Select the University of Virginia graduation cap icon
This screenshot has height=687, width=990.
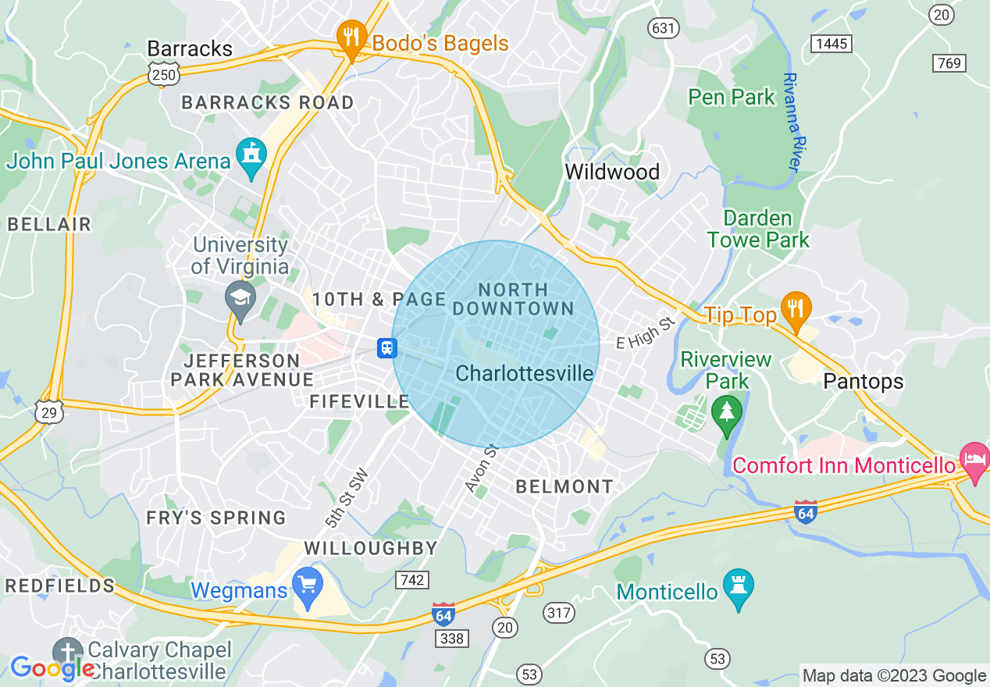coord(240,300)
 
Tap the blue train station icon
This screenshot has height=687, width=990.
coord(386,347)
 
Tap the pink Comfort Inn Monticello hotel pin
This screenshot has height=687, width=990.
coord(975,461)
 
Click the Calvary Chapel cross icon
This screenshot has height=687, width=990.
coord(67,652)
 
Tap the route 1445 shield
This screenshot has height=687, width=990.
coord(830,44)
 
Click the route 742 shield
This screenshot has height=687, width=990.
coord(411,579)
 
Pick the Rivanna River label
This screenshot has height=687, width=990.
coord(792,123)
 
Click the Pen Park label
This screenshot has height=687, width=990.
coord(732,97)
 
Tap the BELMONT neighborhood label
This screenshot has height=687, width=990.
coord(564,486)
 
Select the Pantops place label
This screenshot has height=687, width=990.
coord(863,381)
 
